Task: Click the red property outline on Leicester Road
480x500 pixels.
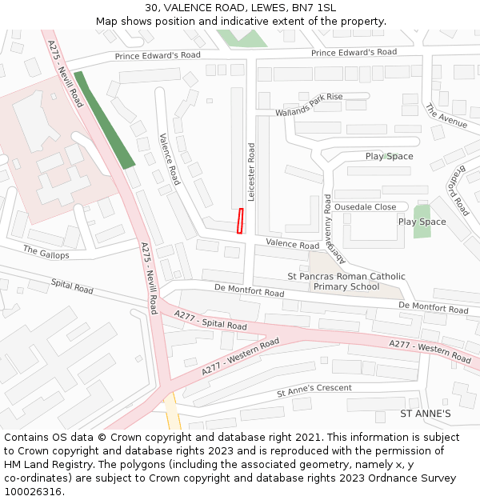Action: coord(239,221)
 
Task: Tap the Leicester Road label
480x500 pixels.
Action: coord(251,172)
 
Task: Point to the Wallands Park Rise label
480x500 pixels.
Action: coord(309,105)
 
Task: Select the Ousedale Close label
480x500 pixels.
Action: coord(365,206)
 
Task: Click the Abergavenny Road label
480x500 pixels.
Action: coord(327,229)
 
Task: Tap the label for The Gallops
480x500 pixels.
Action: coord(46,253)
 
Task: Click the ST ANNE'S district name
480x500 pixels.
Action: coord(425,414)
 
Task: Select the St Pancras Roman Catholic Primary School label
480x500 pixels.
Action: coord(346,282)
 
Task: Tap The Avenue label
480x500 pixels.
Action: coord(446,116)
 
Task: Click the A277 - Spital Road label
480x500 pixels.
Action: coord(210,321)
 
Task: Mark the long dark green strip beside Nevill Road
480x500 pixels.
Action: coord(104,120)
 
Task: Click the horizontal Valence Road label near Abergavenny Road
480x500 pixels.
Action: coord(292,245)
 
